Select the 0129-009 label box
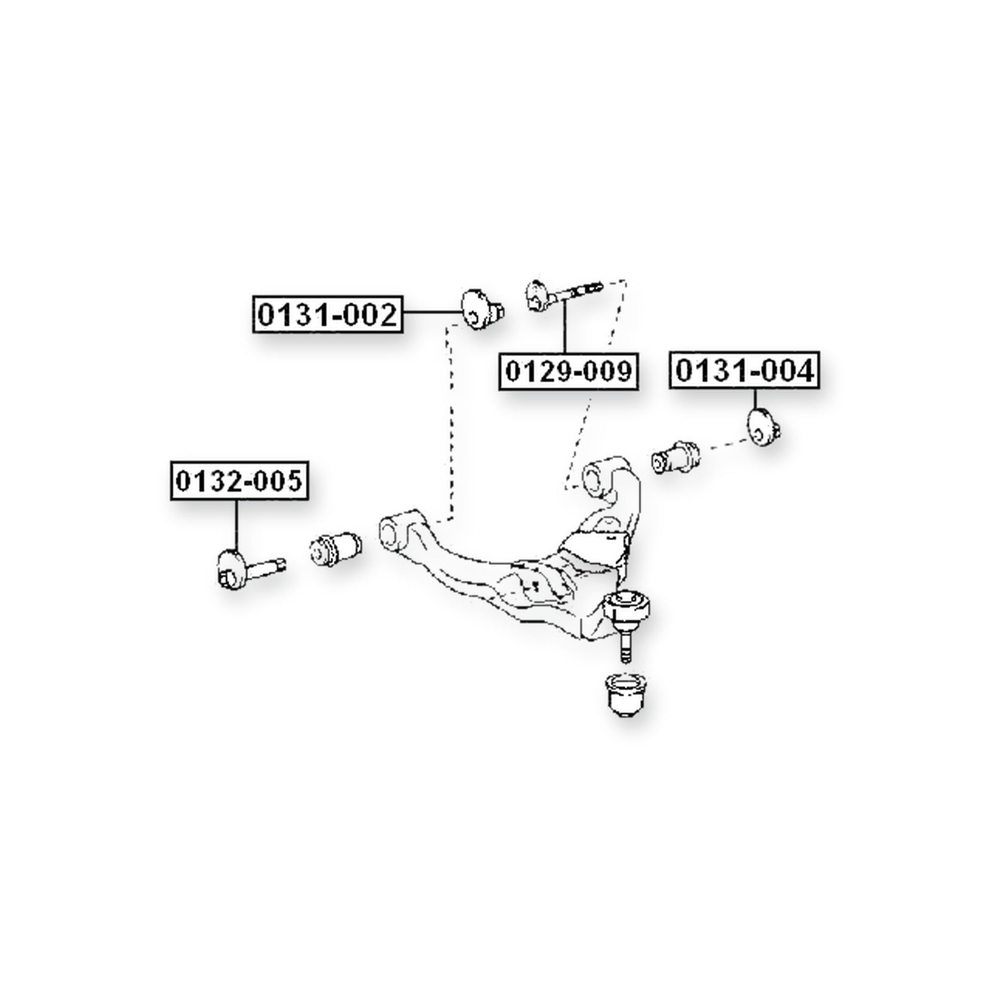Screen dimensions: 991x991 click(x=569, y=372)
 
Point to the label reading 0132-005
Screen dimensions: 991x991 click(x=239, y=481)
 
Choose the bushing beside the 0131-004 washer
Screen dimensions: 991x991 click(x=676, y=456)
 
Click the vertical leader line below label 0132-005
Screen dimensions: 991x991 click(x=236, y=525)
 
